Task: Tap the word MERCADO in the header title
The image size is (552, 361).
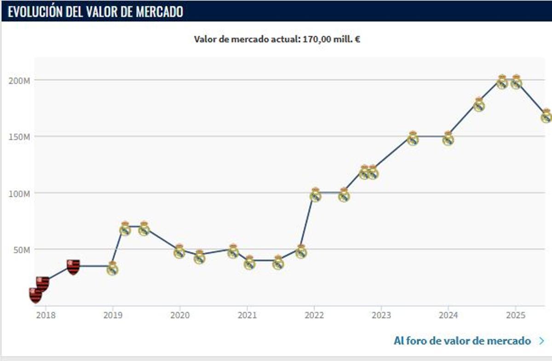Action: pos(160,11)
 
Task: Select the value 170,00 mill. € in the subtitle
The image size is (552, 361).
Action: pos(331,39)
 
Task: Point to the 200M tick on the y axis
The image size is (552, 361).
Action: pos(19,80)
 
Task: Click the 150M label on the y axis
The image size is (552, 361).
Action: pos(19,137)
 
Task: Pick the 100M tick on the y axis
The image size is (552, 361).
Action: pos(19,193)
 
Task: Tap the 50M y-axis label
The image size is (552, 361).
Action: pos(21,249)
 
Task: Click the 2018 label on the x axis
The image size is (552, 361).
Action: pos(45,315)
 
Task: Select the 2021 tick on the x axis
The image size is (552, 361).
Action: pos(247,315)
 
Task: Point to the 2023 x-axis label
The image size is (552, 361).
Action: pos(381,315)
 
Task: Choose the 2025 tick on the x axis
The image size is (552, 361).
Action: pos(516,315)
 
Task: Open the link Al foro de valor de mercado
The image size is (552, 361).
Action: pos(462,341)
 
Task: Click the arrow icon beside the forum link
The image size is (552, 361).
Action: pos(541,341)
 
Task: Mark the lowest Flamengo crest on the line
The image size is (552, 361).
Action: pos(35,295)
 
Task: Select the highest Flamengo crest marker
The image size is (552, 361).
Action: pos(73,266)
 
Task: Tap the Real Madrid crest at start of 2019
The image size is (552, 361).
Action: pos(112,268)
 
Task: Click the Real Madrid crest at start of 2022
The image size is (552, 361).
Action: pos(316,195)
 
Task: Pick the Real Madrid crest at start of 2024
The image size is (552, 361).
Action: pos(448,138)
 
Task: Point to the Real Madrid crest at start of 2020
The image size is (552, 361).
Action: pos(179,251)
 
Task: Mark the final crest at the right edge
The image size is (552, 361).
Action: pos(546,116)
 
